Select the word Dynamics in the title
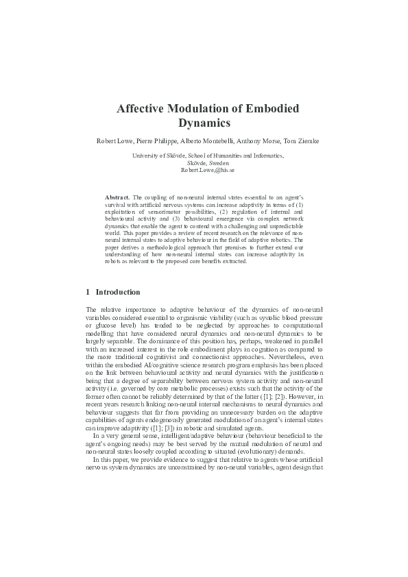(x=204, y=124)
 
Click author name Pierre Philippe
(x=143, y=141)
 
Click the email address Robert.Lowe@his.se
(x=204, y=170)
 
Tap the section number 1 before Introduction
(x=88, y=292)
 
